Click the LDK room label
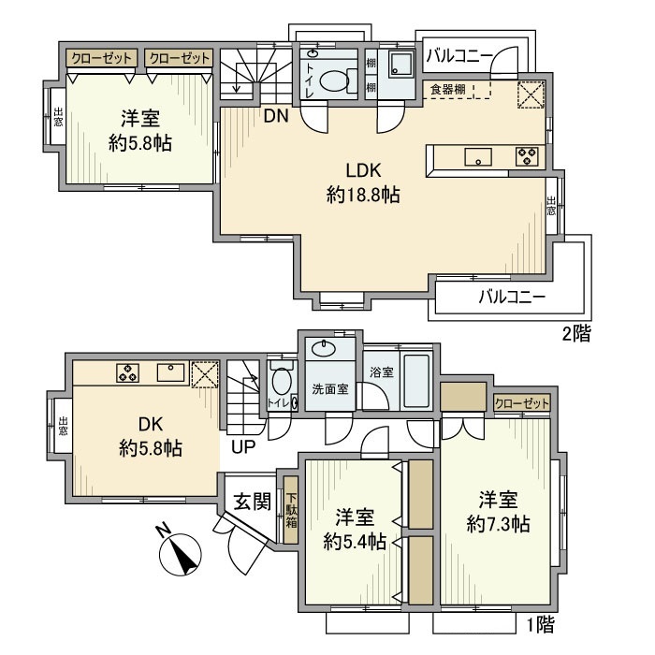click(x=363, y=171)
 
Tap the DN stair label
click(x=276, y=116)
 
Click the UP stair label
click(x=243, y=447)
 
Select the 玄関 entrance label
click(x=252, y=501)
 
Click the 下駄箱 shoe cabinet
click(x=291, y=510)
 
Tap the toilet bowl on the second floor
click(x=335, y=80)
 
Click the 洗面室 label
click(x=330, y=389)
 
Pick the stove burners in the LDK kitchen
click(x=527, y=156)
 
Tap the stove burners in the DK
click(x=127, y=372)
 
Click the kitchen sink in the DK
click(x=171, y=372)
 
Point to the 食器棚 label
click(x=448, y=89)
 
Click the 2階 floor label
click(x=576, y=333)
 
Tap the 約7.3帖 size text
click(x=498, y=523)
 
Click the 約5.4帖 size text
click(x=355, y=542)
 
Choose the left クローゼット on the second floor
click(x=101, y=58)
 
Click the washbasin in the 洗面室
click(x=324, y=348)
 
